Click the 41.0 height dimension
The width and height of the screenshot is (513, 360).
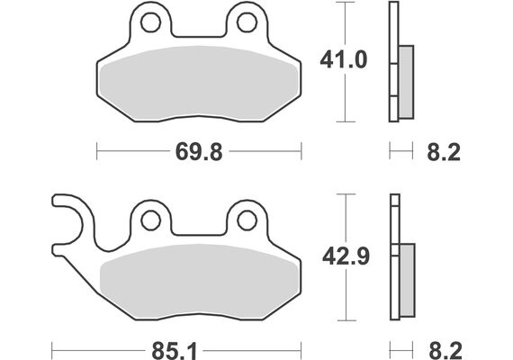[x=344, y=60]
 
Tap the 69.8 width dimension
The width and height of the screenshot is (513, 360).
[x=199, y=152]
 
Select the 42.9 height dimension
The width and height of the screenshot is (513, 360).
[x=346, y=256]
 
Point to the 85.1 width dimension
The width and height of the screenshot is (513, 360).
[x=175, y=351]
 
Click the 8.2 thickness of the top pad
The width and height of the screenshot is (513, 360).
[x=444, y=152]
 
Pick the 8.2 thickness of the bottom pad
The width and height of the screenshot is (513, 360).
[x=445, y=351]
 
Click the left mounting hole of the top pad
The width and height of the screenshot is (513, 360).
[x=150, y=22]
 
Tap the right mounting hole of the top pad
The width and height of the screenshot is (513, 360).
[x=247, y=22]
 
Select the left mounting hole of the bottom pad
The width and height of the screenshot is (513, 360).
[x=150, y=220]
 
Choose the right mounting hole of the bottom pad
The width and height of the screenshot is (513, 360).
[x=247, y=220]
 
